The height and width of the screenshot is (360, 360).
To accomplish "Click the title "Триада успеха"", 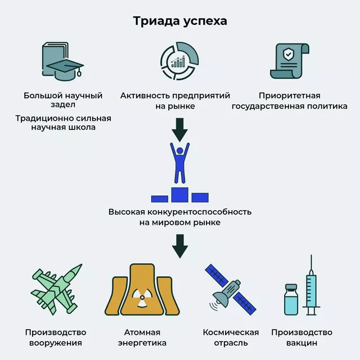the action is (x=180, y=21).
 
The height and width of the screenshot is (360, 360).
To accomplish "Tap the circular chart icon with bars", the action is (x=179, y=61).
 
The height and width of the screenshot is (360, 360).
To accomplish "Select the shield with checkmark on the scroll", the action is (x=287, y=54).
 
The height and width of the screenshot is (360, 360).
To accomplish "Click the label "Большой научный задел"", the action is (x=63, y=100).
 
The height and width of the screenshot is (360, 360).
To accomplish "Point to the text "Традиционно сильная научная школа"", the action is (x=63, y=123).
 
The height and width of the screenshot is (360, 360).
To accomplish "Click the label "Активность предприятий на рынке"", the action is (x=175, y=101).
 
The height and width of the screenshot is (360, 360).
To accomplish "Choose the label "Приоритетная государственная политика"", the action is (x=290, y=101).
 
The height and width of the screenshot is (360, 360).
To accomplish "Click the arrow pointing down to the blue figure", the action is (x=180, y=130).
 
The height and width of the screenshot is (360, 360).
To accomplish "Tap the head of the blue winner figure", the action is (x=180, y=151).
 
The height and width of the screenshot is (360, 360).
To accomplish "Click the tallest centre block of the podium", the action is (x=180, y=195).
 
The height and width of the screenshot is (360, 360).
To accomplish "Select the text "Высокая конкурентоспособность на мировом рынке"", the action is (x=180, y=217).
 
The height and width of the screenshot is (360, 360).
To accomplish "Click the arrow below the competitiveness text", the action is (x=180, y=246).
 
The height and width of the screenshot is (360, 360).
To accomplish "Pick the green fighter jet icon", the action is (x=56, y=289).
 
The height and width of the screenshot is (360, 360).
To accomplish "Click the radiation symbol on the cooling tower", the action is (x=142, y=298).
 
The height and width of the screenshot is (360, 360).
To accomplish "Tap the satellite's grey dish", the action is (x=221, y=299).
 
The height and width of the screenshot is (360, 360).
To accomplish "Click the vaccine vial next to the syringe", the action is (x=291, y=300).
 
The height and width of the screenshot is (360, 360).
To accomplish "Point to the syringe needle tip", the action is (x=311, y=255).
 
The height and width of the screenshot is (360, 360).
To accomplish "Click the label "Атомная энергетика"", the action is (x=142, y=337).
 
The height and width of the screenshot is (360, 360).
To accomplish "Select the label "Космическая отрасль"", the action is (x=231, y=337).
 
